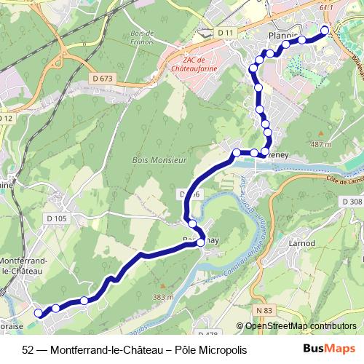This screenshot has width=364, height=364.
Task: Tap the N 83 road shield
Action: tap(265, 311)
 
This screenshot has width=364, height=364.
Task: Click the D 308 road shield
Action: tap(351, 202)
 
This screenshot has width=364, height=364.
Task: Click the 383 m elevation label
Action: tap(162, 297)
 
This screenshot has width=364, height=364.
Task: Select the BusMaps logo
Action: tap(328, 349)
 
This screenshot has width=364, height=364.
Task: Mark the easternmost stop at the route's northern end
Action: tap(325, 30)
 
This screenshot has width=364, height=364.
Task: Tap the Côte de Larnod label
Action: tap(339, 178)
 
